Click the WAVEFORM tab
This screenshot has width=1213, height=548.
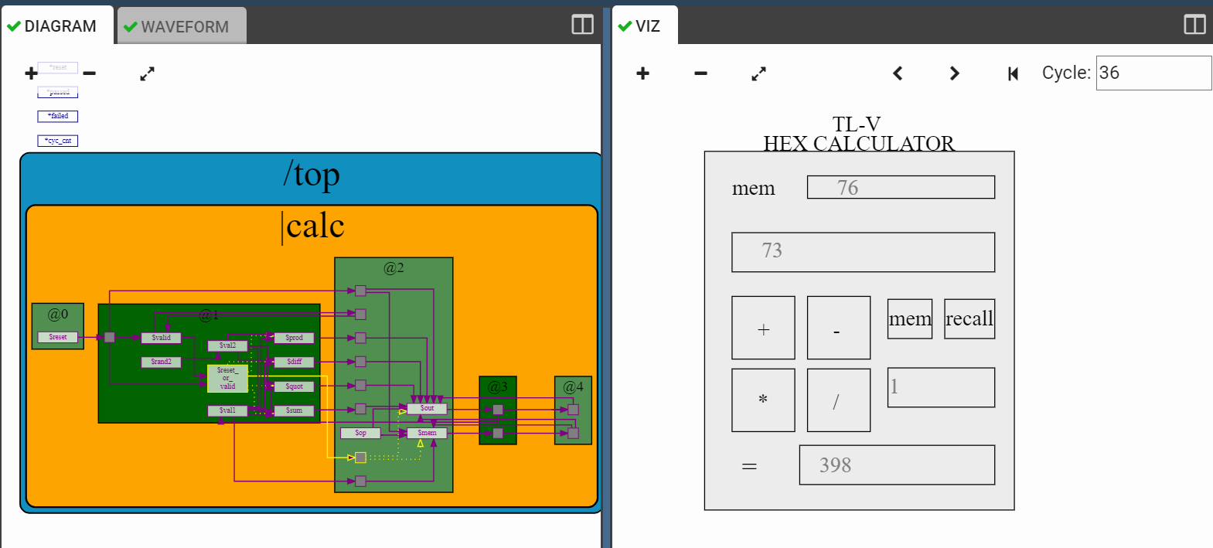point(182,26)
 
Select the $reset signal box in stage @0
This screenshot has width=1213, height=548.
point(58,337)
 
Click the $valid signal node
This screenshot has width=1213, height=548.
point(161,338)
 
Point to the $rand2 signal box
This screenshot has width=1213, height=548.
point(161,362)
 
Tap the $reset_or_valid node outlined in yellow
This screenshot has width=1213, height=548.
point(227,378)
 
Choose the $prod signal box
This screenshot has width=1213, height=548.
point(294,338)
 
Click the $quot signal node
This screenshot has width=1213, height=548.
point(294,386)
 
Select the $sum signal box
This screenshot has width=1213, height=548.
point(294,410)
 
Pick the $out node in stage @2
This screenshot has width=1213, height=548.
point(427,408)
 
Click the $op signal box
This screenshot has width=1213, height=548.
point(360,433)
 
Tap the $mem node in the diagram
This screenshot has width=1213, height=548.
point(427,433)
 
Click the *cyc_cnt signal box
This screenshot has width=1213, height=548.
point(58,141)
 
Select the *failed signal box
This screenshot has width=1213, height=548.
point(58,116)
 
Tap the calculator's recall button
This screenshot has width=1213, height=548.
point(969,319)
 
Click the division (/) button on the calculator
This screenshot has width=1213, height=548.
point(838,400)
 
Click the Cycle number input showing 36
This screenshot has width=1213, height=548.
point(1153,73)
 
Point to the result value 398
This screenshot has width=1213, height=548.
point(835,465)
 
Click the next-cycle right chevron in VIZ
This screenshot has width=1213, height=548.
point(955,73)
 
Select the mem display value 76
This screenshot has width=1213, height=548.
point(847,188)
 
